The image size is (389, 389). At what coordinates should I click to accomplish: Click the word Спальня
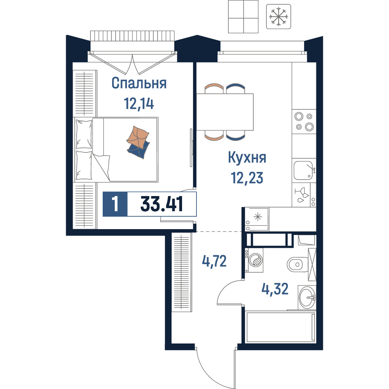click(x=139, y=83)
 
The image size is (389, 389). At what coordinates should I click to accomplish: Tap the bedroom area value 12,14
click(x=139, y=104)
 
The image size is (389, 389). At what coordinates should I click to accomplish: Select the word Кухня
click(x=247, y=158)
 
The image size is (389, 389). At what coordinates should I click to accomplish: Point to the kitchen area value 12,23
click(x=247, y=178)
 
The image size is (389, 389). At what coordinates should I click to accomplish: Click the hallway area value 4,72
click(x=214, y=261)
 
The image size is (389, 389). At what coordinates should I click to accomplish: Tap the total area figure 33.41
click(x=161, y=204)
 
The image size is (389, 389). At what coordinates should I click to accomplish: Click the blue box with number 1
click(x=115, y=204)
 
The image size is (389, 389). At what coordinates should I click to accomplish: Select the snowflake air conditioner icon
click(x=279, y=17)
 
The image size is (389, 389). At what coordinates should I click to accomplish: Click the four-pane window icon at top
click(x=243, y=16)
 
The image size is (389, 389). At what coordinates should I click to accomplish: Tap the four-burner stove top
click(x=304, y=121)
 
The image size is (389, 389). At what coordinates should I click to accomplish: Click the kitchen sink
click(x=304, y=170)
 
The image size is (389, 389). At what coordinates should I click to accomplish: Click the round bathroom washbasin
click(x=307, y=297)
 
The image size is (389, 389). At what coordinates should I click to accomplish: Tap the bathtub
click(x=280, y=327)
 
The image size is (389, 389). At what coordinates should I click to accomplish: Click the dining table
click(x=225, y=112)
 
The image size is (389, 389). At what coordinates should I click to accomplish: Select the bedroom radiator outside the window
click(x=132, y=36)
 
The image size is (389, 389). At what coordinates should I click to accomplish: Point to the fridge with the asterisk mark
click(x=257, y=219)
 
